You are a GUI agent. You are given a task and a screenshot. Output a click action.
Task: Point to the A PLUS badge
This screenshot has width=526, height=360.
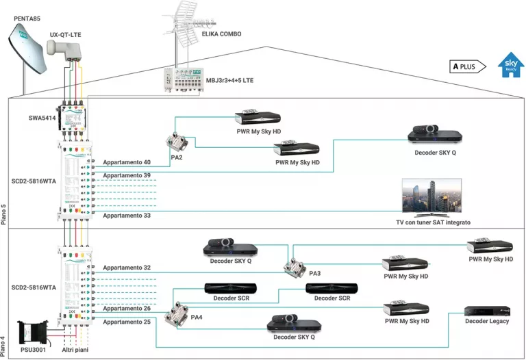(468, 66)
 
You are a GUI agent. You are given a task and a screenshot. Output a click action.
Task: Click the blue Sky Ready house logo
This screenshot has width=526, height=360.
(510, 64)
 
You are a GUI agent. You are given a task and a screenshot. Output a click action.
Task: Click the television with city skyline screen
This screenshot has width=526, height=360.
(431, 197)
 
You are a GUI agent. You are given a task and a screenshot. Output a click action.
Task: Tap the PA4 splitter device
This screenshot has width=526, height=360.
(177, 316)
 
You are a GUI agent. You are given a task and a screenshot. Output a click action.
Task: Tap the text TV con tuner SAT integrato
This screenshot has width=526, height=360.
(432, 222)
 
